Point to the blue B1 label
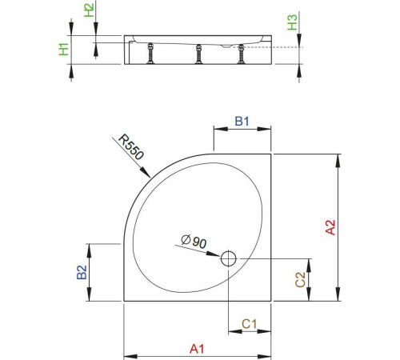(x=242, y=122)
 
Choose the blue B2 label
(x=81, y=273)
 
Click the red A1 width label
(x=197, y=348)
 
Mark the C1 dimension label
(x=249, y=324)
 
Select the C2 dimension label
(x=299, y=279)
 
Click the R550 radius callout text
(x=134, y=152)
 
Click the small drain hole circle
(x=228, y=258)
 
